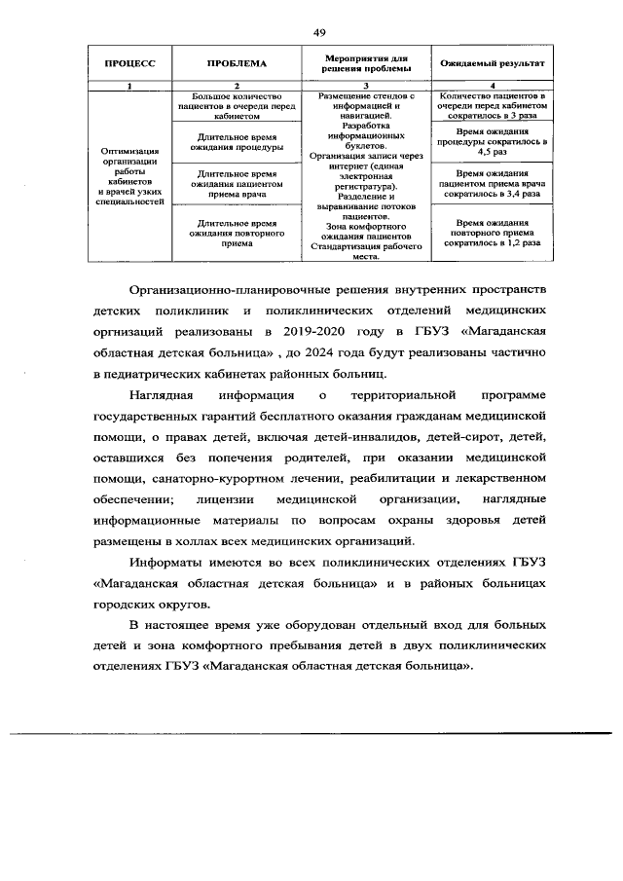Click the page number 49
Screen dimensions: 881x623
tap(319, 32)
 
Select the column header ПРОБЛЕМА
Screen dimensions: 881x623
tap(238, 64)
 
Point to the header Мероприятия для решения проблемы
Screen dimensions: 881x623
tap(365, 64)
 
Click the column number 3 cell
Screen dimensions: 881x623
tap(365, 86)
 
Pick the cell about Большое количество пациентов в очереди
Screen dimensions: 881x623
tap(238, 105)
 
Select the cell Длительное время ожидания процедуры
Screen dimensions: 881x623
tap(238, 143)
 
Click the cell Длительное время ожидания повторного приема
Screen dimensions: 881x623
tap(238, 234)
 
